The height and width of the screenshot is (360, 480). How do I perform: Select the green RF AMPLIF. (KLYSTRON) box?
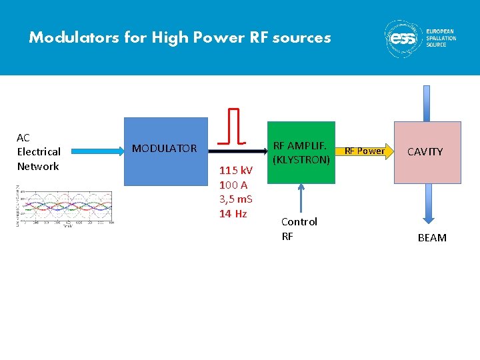tap(301, 152)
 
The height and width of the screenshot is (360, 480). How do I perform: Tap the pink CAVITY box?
tap(427, 152)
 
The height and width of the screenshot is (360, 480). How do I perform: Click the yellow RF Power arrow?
tap(363, 151)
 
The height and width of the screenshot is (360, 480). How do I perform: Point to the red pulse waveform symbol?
tap(233, 126)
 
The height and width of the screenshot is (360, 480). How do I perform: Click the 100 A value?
tap(233, 185)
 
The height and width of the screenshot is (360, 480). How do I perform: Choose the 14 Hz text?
tap(233, 213)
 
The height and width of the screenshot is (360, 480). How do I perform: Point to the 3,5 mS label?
tap(236, 199)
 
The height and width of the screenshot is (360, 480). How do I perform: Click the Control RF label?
tap(299, 228)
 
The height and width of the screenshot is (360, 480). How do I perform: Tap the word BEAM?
tap(432, 238)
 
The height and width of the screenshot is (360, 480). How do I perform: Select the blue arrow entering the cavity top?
tap(427, 103)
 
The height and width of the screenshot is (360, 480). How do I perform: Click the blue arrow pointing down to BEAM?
tap(427, 203)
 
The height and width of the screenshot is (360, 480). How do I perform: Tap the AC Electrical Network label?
tap(39, 152)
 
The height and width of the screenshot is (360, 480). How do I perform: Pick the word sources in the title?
tap(306, 37)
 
